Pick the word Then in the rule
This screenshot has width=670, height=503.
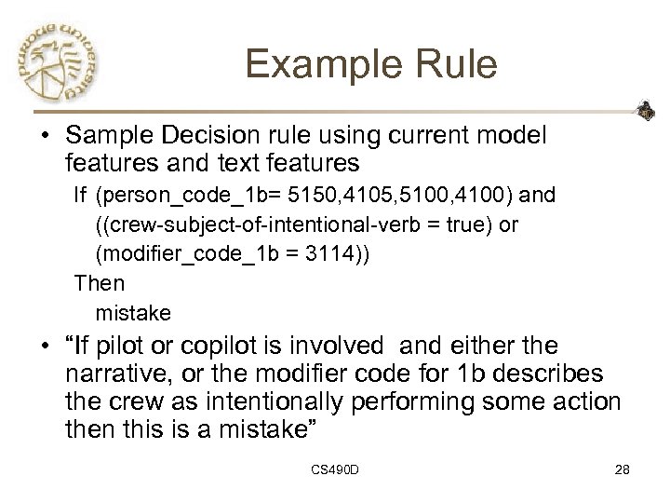tap(98, 282)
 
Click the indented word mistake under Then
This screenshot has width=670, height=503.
tap(130, 310)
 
